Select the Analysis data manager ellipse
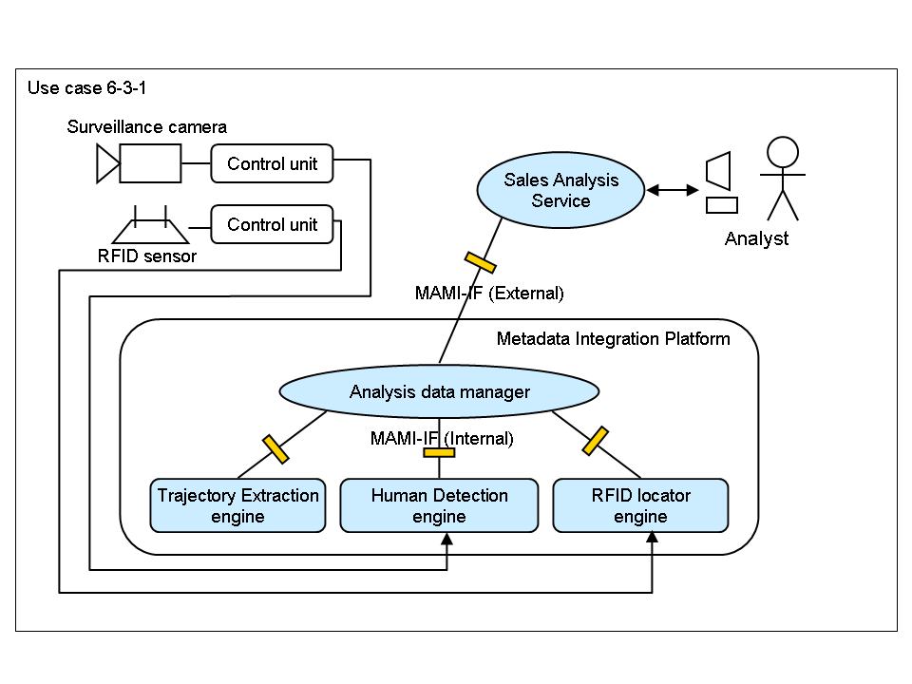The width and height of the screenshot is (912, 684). click(439, 391)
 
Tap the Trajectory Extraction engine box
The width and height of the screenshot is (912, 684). click(237, 505)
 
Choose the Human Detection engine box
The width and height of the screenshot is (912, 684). click(439, 505)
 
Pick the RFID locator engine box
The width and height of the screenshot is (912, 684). click(640, 505)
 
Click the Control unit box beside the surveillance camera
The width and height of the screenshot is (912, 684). click(272, 163)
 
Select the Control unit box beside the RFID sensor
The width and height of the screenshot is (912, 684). click(272, 225)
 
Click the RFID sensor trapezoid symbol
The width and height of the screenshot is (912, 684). click(150, 228)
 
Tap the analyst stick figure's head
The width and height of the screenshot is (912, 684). click(783, 153)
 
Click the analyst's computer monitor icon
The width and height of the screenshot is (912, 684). click(719, 172)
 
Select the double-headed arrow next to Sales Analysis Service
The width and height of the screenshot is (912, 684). click(672, 190)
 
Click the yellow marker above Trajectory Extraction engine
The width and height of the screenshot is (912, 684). click(275, 448)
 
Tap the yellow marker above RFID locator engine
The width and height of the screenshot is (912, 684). click(595, 440)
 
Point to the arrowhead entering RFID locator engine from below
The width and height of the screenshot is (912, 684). click(652, 539)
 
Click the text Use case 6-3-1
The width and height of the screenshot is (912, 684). click(86, 88)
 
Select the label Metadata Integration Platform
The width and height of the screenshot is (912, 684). click(614, 338)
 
